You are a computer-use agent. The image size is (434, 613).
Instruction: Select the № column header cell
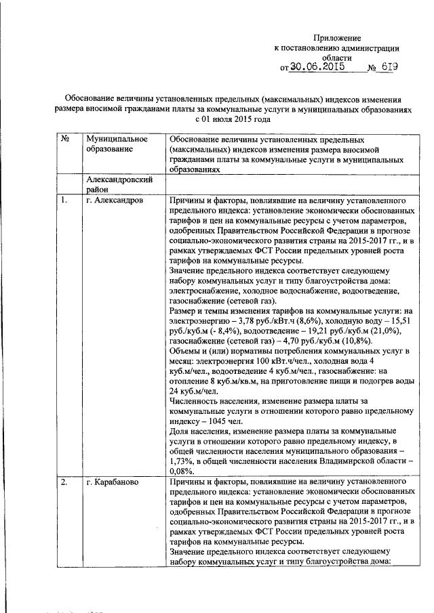pyautogui.click(x=66, y=138)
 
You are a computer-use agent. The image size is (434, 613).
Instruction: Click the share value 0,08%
pyautogui.click(x=182, y=471)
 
